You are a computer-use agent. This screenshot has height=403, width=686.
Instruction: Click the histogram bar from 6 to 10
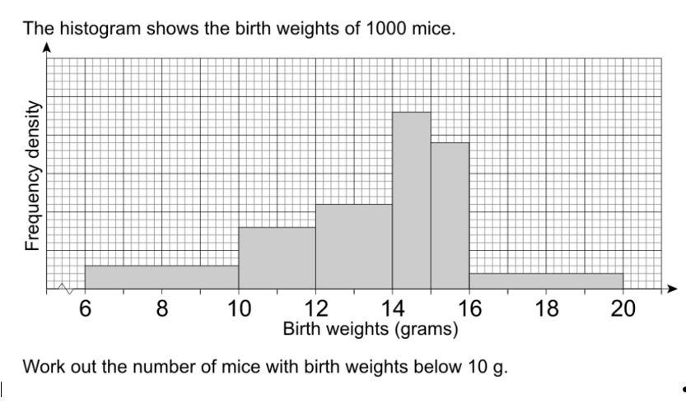tap(161, 277)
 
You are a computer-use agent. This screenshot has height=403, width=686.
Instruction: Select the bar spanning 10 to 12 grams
tap(277, 258)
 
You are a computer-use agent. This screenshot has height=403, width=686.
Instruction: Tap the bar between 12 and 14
tap(353, 247)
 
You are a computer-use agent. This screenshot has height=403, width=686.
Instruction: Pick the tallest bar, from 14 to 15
tap(411, 201)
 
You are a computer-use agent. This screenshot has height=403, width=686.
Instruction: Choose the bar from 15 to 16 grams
tap(450, 215)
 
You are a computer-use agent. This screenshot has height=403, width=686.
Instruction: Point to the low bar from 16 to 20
tap(546, 281)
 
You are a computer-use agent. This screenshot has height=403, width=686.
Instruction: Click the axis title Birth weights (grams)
tap(371, 330)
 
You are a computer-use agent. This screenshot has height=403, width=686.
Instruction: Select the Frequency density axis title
tap(33, 176)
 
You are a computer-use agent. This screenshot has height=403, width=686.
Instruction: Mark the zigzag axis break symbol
tap(64, 288)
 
